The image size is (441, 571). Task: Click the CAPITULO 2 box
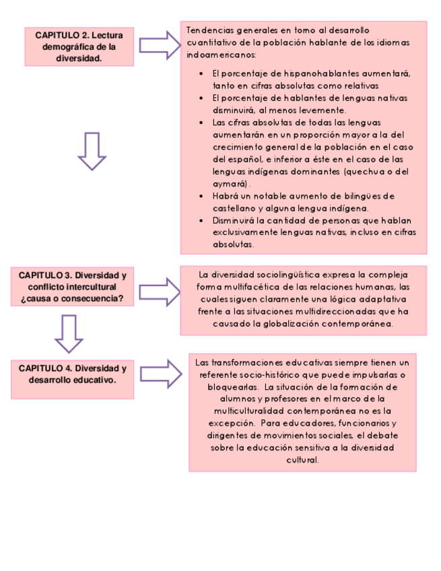79,46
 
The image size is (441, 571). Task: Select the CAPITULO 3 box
72,287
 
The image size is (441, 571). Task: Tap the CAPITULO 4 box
72,374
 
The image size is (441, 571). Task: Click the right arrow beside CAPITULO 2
160,45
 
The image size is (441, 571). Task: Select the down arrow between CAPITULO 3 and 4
69,333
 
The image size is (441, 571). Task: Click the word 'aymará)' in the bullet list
231,184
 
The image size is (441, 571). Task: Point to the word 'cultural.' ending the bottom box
302,460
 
